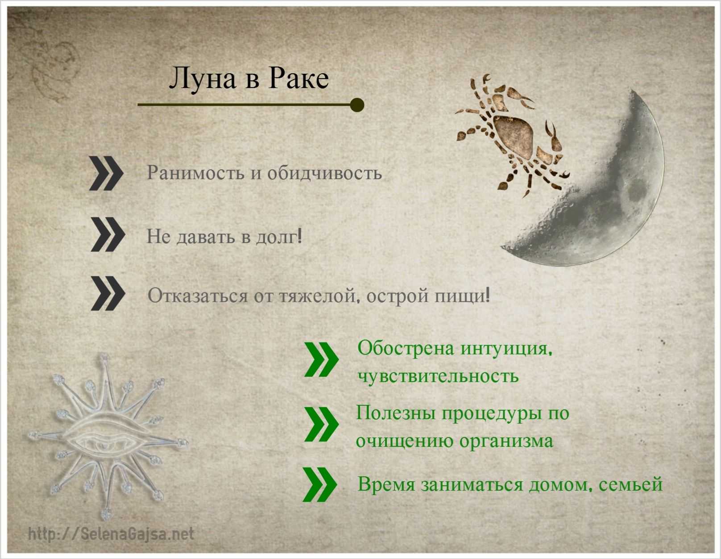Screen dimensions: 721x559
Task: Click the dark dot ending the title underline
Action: (x=357, y=105)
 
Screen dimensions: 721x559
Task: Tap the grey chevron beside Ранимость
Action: (x=106, y=173)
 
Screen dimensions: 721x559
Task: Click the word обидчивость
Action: (x=324, y=173)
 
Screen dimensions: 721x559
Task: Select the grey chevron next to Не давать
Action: (x=108, y=234)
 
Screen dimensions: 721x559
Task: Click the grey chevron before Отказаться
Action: (x=108, y=293)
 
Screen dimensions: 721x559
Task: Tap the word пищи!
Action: (x=462, y=296)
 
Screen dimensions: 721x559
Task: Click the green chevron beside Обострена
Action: (x=321, y=360)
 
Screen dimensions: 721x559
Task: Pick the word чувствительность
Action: (x=438, y=376)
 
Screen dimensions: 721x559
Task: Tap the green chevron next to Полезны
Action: (x=321, y=425)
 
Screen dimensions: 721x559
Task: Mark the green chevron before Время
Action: (x=319, y=484)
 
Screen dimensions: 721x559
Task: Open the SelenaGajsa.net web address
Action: (x=111, y=534)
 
